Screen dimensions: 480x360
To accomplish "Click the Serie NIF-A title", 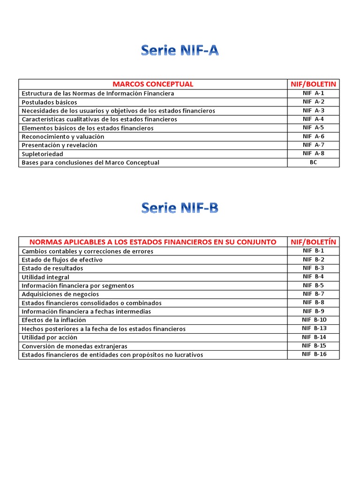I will click(180, 50).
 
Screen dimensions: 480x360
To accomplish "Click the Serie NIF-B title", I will click(180, 208).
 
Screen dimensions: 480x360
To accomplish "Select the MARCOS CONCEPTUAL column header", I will click(153, 84).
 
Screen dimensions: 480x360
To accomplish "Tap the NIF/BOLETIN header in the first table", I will click(314, 84).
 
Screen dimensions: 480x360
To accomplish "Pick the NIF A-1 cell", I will click(314, 93).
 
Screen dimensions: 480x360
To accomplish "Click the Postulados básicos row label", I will click(49, 102).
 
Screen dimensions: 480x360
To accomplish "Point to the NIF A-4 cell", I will click(314, 119).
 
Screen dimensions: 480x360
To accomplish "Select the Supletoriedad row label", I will click(42, 154).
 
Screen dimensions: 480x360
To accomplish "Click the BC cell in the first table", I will click(314, 162).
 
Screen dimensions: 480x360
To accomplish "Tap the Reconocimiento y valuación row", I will click(63, 136).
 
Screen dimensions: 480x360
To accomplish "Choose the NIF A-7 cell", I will click(314, 145).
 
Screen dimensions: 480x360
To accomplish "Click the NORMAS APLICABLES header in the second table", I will click(153, 242).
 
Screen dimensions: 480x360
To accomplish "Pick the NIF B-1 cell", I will click(314, 251).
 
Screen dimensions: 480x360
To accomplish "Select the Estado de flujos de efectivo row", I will click(62, 260).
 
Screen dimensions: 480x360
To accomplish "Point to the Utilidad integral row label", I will click(45, 277).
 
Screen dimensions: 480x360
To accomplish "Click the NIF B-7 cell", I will click(314, 294).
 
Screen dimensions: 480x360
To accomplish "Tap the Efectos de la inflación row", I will click(54, 320).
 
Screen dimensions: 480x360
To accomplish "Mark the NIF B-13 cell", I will click(314, 329).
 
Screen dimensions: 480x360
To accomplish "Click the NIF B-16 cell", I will click(314, 354).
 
